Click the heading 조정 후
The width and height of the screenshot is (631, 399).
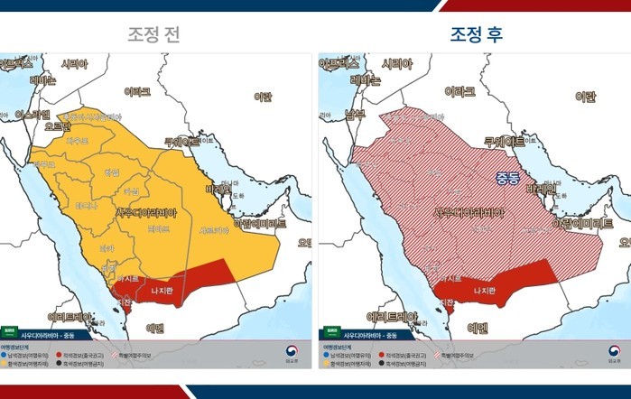click(477, 35)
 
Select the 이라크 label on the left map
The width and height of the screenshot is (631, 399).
click(138, 92)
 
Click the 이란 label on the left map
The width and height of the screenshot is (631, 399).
click(263, 97)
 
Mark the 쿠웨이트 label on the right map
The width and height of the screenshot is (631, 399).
click(505, 142)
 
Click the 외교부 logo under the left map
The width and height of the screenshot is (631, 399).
click(292, 353)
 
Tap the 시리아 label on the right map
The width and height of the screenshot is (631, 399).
click(398, 64)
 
